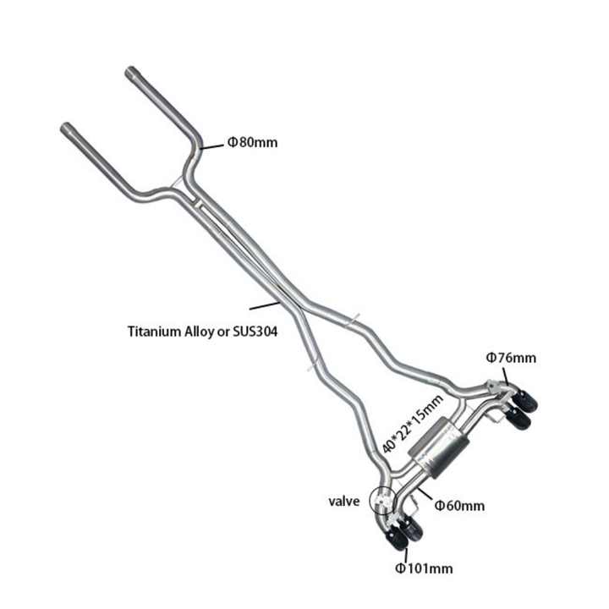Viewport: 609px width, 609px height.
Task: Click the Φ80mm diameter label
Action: [x=251, y=142]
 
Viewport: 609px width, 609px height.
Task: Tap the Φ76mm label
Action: [x=510, y=358]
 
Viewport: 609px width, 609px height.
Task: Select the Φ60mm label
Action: [x=459, y=506]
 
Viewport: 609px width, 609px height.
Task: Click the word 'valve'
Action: [x=344, y=501]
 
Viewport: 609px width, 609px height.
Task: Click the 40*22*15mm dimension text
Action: [x=413, y=424]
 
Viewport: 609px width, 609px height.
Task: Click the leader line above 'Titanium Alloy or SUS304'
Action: [x=265, y=303]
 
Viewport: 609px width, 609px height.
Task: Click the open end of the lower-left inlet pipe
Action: [x=66, y=129]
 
